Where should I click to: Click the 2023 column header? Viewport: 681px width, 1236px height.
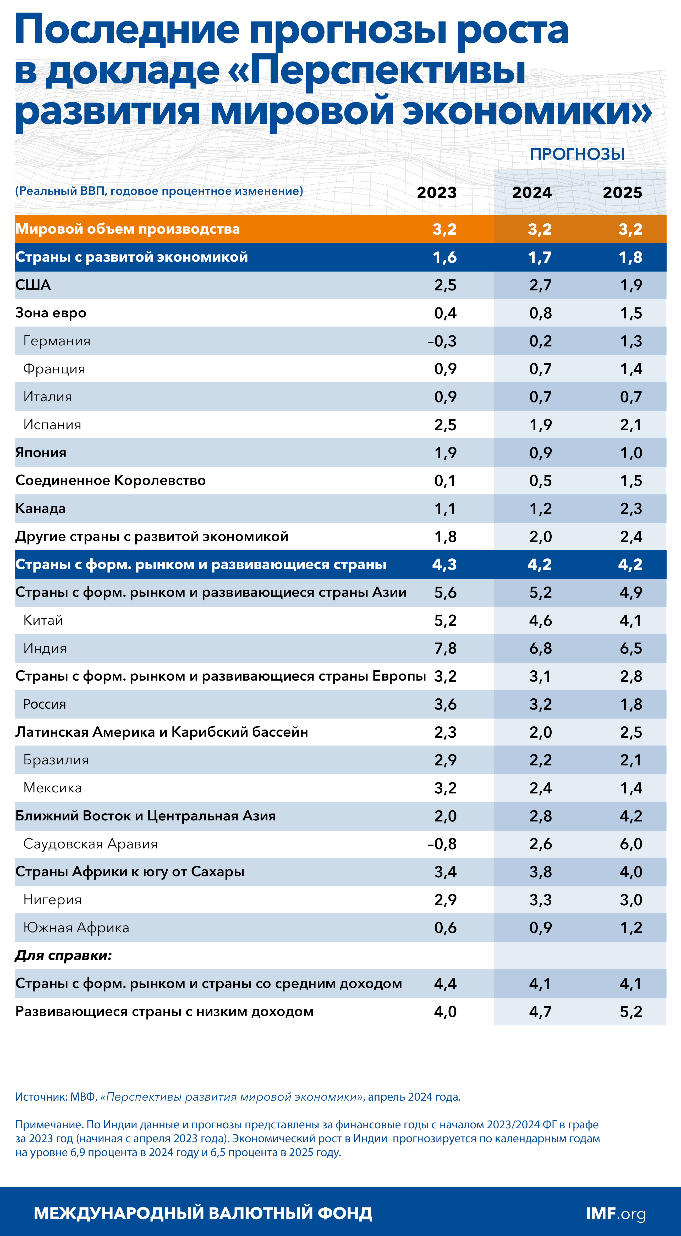pyautogui.click(x=436, y=192)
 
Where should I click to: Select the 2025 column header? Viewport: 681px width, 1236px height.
pyautogui.click(x=622, y=192)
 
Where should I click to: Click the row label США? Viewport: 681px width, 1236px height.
pyautogui.click(x=33, y=285)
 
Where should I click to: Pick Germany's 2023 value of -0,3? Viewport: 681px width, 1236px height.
pyautogui.click(x=442, y=341)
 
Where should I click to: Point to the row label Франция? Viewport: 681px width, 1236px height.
pyautogui.click(x=54, y=369)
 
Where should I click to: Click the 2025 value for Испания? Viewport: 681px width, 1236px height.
pyautogui.click(x=631, y=425)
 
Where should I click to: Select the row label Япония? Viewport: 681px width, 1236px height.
pyautogui.click(x=41, y=453)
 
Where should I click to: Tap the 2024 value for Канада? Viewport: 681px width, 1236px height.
pyautogui.click(x=540, y=509)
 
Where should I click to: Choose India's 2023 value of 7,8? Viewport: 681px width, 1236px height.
pyautogui.click(x=445, y=648)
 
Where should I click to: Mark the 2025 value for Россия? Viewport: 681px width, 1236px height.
pyautogui.click(x=631, y=704)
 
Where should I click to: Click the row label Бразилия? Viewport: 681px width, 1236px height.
pyautogui.click(x=56, y=760)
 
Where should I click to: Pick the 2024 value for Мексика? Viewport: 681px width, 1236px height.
pyautogui.click(x=540, y=788)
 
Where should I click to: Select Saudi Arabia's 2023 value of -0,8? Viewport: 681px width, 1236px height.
pyautogui.click(x=442, y=844)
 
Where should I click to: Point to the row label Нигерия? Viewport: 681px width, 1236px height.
pyautogui.click(x=52, y=900)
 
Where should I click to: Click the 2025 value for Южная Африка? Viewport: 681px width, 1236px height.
pyautogui.click(x=631, y=928)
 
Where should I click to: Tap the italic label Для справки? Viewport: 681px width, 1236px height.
pyautogui.click(x=63, y=955)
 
